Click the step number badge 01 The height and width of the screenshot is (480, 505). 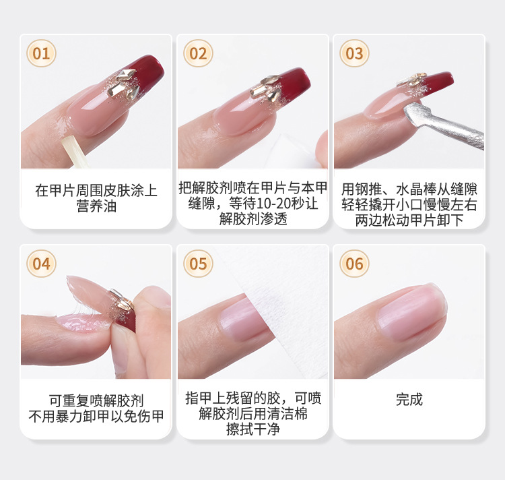(41, 53)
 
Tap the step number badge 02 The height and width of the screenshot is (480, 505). (198, 53)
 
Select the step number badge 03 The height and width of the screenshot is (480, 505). (354, 53)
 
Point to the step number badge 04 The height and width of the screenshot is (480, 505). (41, 264)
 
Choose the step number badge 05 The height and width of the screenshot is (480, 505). (198, 264)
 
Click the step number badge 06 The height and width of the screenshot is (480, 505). (354, 264)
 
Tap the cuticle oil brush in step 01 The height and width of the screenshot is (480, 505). (75, 152)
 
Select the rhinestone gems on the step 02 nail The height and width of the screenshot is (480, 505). (267, 88)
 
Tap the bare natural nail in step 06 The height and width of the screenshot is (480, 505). (412, 312)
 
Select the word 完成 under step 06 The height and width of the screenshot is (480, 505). (409, 399)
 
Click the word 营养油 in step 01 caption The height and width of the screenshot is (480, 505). (96, 206)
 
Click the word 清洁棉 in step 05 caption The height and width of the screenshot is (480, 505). (287, 413)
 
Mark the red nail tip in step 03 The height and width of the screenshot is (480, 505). (436, 82)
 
